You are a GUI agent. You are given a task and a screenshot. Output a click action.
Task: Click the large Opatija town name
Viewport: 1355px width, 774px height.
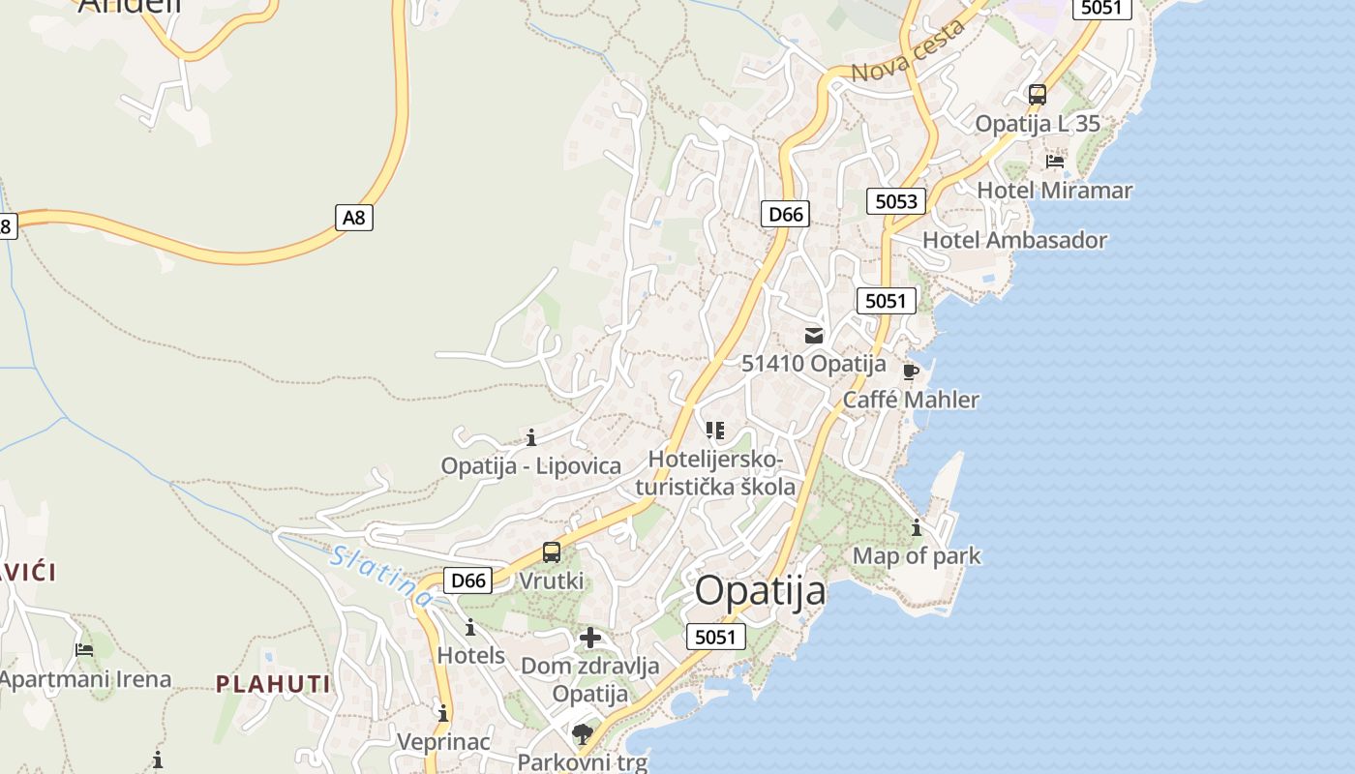pos(761,591)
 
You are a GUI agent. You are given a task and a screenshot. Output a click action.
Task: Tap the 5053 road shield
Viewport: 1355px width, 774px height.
pos(895,201)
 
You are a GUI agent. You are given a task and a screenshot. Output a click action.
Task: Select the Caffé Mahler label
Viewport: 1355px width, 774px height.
pos(911,400)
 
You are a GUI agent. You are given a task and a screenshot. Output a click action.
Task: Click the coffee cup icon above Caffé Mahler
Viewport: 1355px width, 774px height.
pos(910,372)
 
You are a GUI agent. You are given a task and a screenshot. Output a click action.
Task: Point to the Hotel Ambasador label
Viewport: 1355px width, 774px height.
pos(1014,240)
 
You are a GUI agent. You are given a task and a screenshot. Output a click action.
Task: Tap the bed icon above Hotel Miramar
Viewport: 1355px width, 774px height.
pos(1055,162)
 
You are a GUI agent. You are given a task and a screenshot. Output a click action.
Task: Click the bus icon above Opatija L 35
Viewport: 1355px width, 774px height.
pos(1038,95)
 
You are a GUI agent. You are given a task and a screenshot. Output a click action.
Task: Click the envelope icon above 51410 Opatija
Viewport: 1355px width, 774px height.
pos(814,336)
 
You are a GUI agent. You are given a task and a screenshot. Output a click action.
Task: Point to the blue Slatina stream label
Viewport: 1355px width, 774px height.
pos(381,578)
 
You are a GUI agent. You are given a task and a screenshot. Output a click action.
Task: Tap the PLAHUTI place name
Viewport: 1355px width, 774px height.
pos(273,685)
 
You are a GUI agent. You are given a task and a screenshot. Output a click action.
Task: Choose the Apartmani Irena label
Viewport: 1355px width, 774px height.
pos(85,679)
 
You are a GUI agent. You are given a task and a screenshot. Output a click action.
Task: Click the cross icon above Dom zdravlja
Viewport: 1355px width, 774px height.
pos(590,638)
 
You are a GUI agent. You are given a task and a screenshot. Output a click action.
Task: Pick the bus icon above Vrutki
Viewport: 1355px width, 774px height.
pos(552,552)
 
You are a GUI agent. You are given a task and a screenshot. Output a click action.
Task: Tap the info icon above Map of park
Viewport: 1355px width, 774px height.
pos(917,528)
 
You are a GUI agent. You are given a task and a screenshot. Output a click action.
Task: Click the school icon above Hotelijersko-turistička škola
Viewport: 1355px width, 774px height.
pos(715,431)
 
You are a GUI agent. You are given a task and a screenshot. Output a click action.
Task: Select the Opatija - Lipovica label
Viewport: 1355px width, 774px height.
pos(531,465)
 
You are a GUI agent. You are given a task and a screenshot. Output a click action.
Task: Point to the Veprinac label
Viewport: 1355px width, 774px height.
pos(443,742)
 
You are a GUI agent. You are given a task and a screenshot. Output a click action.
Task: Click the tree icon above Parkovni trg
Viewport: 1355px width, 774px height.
pos(582,734)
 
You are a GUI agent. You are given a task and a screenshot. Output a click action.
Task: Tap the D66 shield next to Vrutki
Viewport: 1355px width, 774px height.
pos(468,580)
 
